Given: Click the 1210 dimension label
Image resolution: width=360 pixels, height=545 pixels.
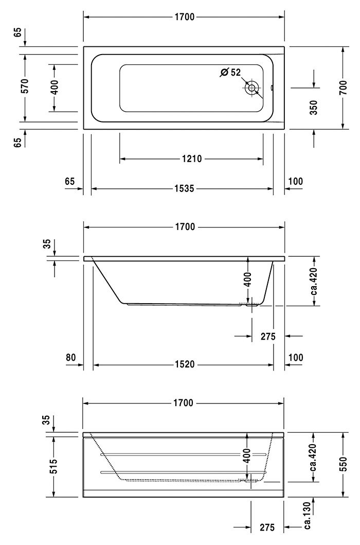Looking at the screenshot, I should tap(191, 159).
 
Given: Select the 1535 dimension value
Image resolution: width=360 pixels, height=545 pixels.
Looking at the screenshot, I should tap(184, 188).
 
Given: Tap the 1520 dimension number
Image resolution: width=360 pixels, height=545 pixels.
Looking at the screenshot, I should tap(184, 364).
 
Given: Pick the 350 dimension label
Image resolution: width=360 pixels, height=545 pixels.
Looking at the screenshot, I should tap(314, 107).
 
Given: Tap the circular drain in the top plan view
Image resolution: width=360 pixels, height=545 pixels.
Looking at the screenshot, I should tap(251, 87).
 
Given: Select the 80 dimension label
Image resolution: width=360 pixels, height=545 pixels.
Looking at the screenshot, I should tap(70, 357).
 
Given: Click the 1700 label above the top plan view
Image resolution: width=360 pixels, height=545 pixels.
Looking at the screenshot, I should tap(184, 17).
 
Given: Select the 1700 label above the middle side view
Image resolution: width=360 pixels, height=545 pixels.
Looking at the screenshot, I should tap(184, 227).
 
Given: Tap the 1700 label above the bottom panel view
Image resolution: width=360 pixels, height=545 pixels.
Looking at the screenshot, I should tap(184, 403).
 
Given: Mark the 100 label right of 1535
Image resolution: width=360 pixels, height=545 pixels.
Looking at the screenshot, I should tap(295, 181).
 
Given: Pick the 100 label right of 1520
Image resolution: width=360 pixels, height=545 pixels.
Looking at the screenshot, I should tap(295, 357).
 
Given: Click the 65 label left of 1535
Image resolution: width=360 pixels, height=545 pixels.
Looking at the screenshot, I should tap(70, 181).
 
